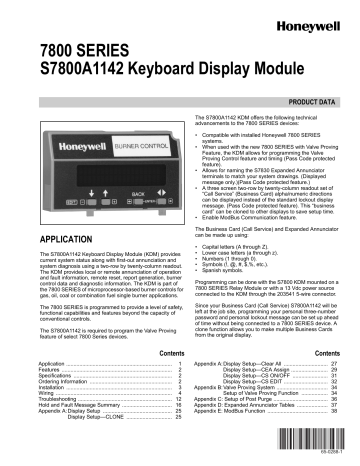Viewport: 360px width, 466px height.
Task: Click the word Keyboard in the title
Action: pyautogui.click(x=169, y=74)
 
